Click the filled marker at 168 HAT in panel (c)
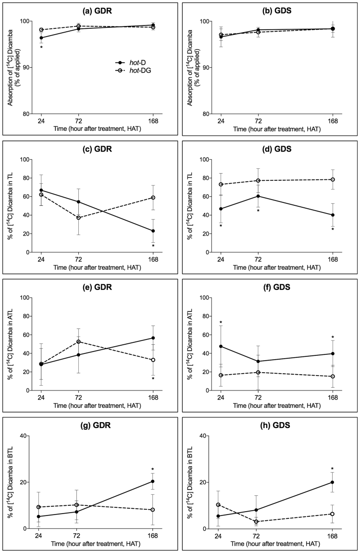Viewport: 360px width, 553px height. [x=153, y=231]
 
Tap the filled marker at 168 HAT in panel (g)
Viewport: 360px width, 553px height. [x=153, y=481]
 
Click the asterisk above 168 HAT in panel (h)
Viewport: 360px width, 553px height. [x=332, y=469]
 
